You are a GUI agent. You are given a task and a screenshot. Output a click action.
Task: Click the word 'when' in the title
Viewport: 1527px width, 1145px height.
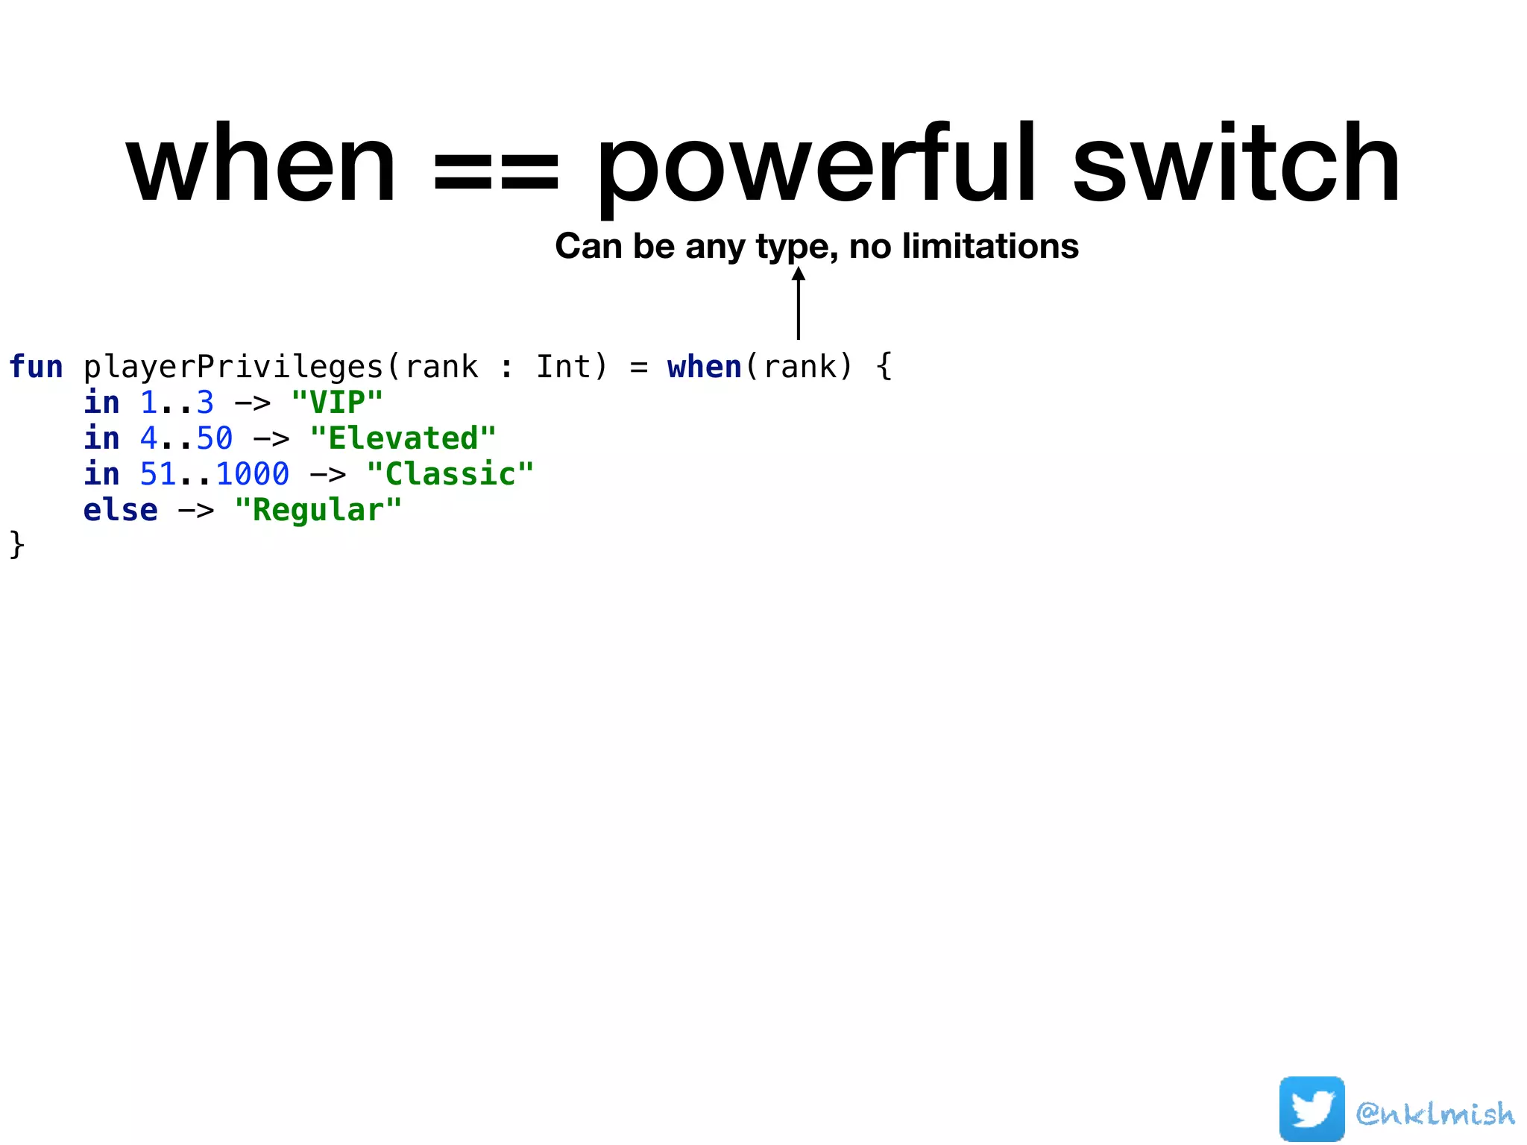[x=261, y=165]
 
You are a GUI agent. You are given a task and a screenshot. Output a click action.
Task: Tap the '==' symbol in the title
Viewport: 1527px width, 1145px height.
[x=496, y=170]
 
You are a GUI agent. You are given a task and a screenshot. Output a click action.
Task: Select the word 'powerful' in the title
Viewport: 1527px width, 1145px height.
[x=816, y=165]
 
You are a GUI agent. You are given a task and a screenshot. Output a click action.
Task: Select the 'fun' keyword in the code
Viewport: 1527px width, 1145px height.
[x=36, y=367]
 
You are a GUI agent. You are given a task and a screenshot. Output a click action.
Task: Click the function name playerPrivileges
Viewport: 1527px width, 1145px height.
[x=233, y=368]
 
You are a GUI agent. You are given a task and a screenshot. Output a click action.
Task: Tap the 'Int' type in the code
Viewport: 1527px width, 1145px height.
[x=563, y=367]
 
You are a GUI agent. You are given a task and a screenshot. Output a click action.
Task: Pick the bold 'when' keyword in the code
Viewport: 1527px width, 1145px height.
[x=705, y=367]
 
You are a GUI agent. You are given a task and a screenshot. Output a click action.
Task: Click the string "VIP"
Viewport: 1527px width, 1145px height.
[x=337, y=403]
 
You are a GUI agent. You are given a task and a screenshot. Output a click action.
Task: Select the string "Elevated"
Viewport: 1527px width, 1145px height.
[x=403, y=438]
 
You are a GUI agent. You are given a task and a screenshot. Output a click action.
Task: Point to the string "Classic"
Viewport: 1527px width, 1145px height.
[x=450, y=474]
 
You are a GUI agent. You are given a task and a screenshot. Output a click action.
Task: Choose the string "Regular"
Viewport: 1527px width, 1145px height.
[x=318, y=511]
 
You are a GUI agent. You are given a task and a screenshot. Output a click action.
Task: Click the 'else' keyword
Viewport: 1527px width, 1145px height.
[x=120, y=511]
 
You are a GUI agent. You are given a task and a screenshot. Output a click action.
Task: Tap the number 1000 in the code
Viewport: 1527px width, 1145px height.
[x=253, y=474]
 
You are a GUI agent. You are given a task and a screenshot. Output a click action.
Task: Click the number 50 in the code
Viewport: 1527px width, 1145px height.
[x=215, y=438]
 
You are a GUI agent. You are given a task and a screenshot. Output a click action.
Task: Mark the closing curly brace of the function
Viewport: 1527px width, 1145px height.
[x=16, y=544]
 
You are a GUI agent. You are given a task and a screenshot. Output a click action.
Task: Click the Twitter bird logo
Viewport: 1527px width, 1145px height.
[x=1312, y=1109]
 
